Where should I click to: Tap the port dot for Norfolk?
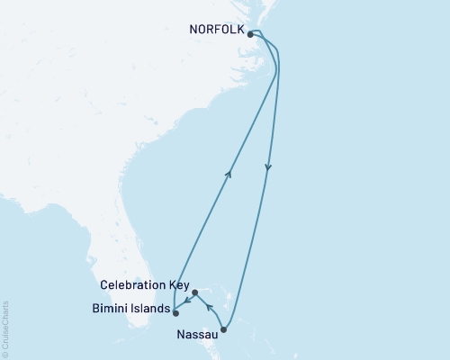[x=250, y=35]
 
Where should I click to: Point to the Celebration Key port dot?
[x=194, y=292]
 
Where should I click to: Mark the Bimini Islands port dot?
[x=175, y=314]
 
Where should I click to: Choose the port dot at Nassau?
[x=224, y=330]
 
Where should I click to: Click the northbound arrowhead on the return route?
[x=230, y=174]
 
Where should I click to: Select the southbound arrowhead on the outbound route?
[x=268, y=167]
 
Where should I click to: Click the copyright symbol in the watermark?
[x=5, y=353]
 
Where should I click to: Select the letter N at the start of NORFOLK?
[x=193, y=29]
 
